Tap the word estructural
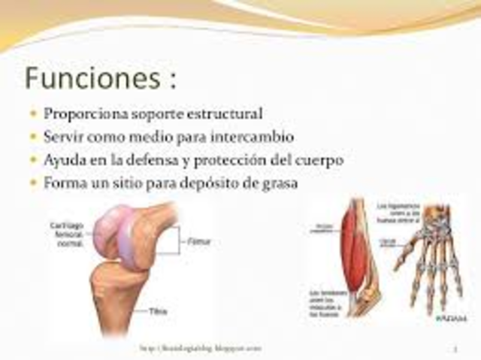click(x=225, y=115)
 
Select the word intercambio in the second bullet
click(x=252, y=138)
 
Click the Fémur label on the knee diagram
click(x=192, y=243)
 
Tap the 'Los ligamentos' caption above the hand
click(x=397, y=210)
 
